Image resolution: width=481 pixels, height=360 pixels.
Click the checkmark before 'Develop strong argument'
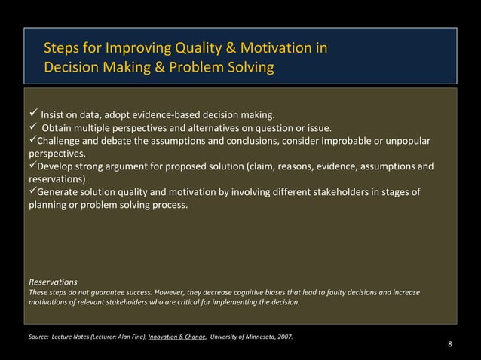32,166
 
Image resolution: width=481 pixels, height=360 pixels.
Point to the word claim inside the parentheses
265,166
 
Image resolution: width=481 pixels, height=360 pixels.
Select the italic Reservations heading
54,283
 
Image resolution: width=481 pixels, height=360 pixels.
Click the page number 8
450,345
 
